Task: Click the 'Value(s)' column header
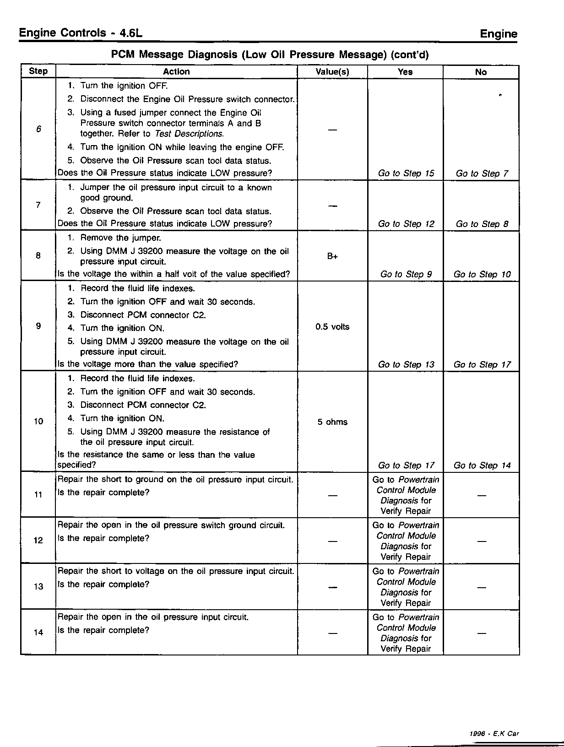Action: coord(332,72)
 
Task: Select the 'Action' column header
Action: coord(176,71)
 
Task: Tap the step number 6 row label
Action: coord(38,129)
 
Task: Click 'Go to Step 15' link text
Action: coord(406,173)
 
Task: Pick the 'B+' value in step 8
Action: coord(332,256)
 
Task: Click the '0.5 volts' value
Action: coord(332,327)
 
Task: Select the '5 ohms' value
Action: coord(332,422)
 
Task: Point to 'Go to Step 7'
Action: coord(482,173)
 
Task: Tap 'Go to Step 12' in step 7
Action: coord(406,224)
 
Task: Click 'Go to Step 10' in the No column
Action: coord(482,274)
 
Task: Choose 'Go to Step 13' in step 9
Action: coord(406,364)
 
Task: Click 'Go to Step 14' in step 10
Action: coord(482,466)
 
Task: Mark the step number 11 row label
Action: coord(38,495)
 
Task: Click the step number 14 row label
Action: coord(38,633)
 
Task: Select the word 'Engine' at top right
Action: coord(499,34)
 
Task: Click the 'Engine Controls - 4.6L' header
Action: coord(81,33)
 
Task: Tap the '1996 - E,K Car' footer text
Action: coord(494,733)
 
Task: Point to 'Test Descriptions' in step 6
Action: coord(189,134)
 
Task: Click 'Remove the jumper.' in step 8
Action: coord(120,238)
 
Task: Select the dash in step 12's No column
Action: coord(482,541)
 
